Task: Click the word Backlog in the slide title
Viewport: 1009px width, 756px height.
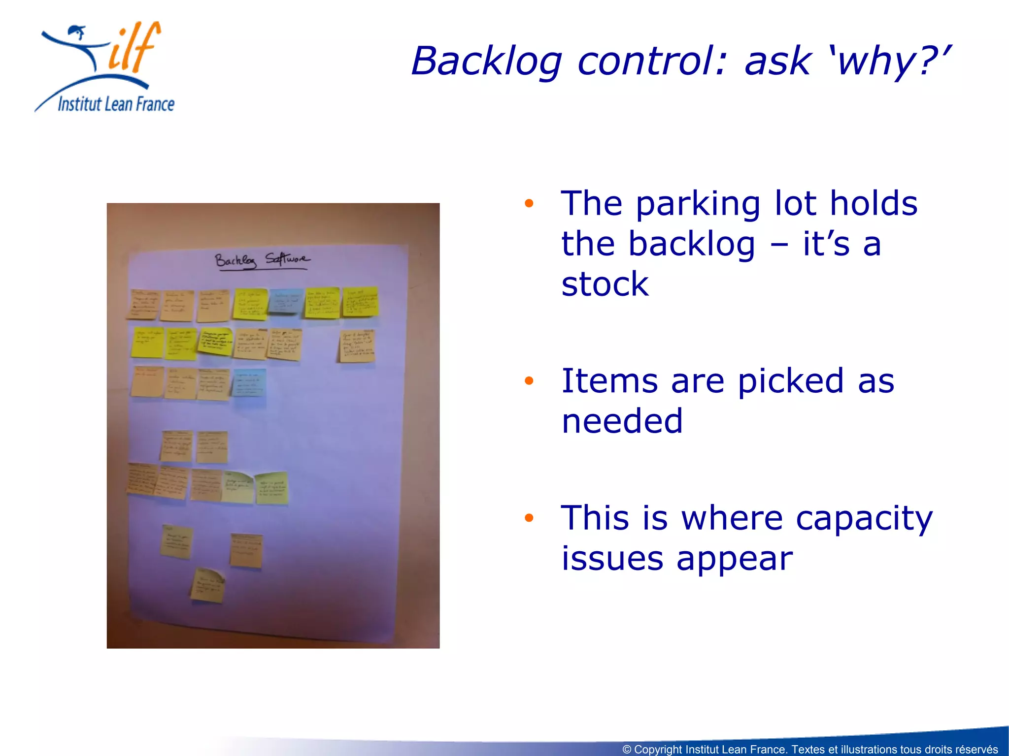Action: coord(487,62)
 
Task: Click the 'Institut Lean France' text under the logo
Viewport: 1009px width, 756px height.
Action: coord(116,104)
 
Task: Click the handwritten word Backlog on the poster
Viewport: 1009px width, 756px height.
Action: coord(235,260)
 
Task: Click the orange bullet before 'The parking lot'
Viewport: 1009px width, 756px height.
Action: coord(529,203)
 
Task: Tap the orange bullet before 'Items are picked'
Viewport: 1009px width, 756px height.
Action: coord(529,380)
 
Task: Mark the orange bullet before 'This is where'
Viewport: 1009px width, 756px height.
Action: coord(529,517)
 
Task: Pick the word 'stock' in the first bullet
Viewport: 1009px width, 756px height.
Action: coord(605,284)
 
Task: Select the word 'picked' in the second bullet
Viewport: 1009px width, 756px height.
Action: coord(791,381)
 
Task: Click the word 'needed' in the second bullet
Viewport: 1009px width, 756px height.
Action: coord(622,421)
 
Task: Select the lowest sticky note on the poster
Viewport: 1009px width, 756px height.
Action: coord(207,585)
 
